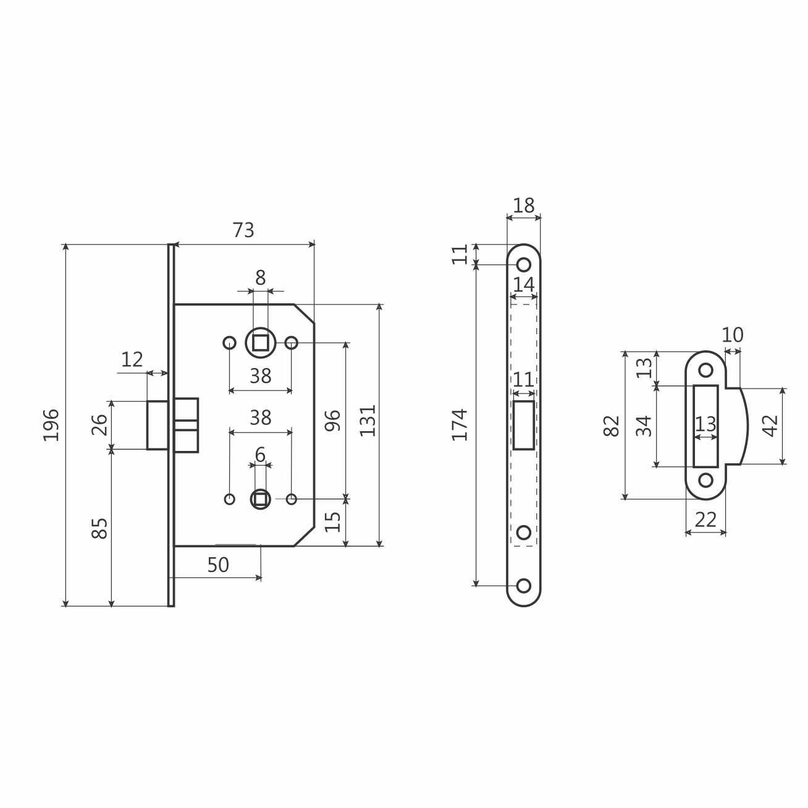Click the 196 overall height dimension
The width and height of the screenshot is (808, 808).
51,424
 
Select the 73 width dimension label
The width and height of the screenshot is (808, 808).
243,230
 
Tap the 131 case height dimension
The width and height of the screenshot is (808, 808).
368,421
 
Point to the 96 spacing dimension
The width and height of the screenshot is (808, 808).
332,421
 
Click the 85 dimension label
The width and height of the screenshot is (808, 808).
99,528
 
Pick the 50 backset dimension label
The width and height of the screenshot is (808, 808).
218,565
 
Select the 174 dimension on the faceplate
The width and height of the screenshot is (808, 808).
460,424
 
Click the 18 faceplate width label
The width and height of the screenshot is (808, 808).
524,206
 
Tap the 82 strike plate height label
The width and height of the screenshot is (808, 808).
612,426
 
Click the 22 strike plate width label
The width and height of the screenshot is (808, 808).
705,520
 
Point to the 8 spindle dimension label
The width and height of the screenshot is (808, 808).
261,277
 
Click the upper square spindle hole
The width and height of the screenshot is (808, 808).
261,343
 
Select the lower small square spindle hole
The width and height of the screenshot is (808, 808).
261,499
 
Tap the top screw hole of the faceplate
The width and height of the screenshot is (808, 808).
524,264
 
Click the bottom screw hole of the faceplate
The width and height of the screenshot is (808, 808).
524,586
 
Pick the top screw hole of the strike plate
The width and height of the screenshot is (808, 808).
705,370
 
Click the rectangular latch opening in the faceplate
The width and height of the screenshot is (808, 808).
524,425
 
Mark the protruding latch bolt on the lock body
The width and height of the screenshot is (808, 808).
158,425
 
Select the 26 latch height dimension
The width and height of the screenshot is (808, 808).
99,425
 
